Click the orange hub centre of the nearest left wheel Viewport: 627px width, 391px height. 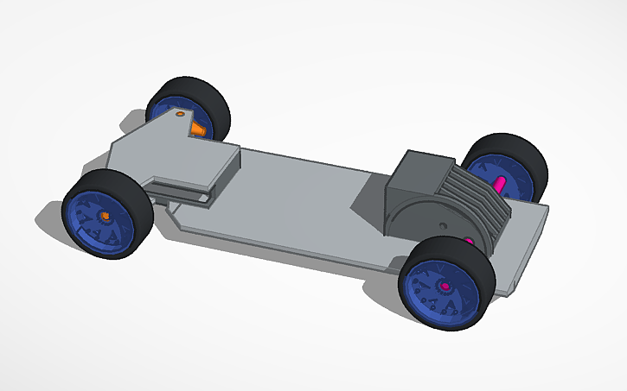(106, 214)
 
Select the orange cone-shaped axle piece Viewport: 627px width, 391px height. (198, 129)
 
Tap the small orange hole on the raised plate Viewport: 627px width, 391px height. (180, 114)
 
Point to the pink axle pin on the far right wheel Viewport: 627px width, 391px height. (500, 183)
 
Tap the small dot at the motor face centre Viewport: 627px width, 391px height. (443, 225)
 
